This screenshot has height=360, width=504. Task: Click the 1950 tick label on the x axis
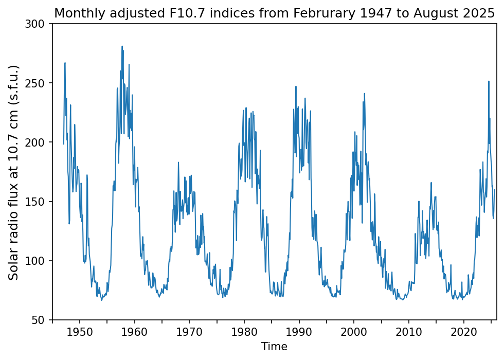(79, 331)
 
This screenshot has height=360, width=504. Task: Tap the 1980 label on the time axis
(244, 331)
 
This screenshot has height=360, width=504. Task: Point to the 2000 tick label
(354, 331)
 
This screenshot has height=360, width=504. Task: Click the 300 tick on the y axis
(38, 24)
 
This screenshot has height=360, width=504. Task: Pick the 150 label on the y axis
(38, 202)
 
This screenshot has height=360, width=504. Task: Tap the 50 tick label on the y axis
(40, 320)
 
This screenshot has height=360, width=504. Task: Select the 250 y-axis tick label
(38, 83)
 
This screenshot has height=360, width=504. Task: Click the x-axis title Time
(274, 347)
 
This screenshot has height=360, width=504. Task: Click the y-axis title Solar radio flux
(14, 172)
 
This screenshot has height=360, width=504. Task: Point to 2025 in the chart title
(482, 13)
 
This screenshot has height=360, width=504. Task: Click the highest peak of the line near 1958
(122, 46)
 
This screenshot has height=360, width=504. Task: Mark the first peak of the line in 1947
(65, 63)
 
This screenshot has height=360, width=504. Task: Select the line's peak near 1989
(296, 86)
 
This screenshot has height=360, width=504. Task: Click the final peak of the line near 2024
(489, 81)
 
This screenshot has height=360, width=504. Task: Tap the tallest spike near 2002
(364, 94)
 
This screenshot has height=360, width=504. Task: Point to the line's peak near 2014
(431, 182)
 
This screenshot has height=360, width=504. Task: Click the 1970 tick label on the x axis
(189, 331)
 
